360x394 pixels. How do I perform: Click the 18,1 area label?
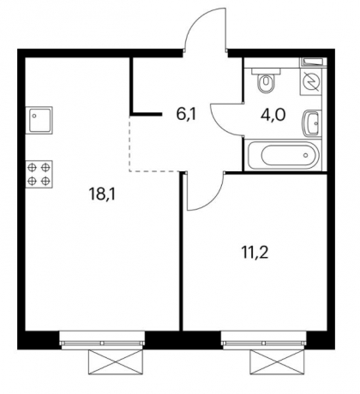pos(102,194)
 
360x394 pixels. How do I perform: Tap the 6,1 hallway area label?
pos(187,115)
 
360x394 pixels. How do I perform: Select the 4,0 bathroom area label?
pos(273,115)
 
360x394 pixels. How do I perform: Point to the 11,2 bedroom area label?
pos(255,253)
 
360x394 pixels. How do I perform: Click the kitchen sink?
pos(39,120)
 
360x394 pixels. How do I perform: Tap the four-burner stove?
pos(39,174)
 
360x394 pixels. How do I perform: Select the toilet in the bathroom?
pos(266,80)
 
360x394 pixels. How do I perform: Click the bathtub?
pos(283,155)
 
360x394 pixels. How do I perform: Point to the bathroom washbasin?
pos(310,123)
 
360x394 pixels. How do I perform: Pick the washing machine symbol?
pos(311,81)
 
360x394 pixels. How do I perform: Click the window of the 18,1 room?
pos(102,340)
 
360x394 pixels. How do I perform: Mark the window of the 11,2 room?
pos(264,340)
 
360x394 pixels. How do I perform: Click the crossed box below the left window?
pos(116,361)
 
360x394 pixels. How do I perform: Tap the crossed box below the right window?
pos(277,361)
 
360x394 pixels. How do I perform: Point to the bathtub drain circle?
pos(306,155)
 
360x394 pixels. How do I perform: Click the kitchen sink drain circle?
pos(34,116)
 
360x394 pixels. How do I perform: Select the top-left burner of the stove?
pos(33,167)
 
